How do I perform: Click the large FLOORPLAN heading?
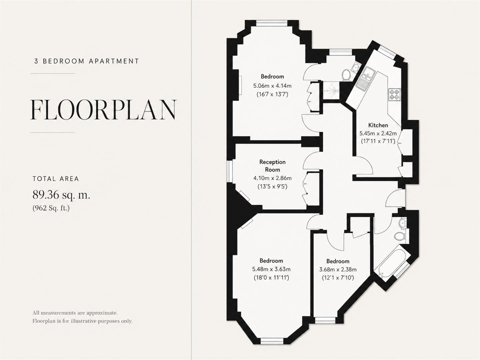[103, 110]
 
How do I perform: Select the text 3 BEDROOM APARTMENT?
[87, 61]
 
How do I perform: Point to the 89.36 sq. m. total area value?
[61, 195]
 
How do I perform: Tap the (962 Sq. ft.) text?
[51, 208]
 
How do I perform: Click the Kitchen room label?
[378, 125]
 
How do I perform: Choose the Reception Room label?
[272, 166]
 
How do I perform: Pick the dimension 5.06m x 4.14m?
[272, 85]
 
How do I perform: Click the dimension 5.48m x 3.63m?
[271, 269]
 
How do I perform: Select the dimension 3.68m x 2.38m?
[338, 270]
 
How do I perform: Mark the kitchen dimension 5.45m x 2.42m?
[378, 133]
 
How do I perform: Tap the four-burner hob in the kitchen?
[394, 94]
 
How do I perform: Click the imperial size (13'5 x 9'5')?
[272, 186]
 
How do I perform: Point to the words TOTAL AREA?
[56, 179]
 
